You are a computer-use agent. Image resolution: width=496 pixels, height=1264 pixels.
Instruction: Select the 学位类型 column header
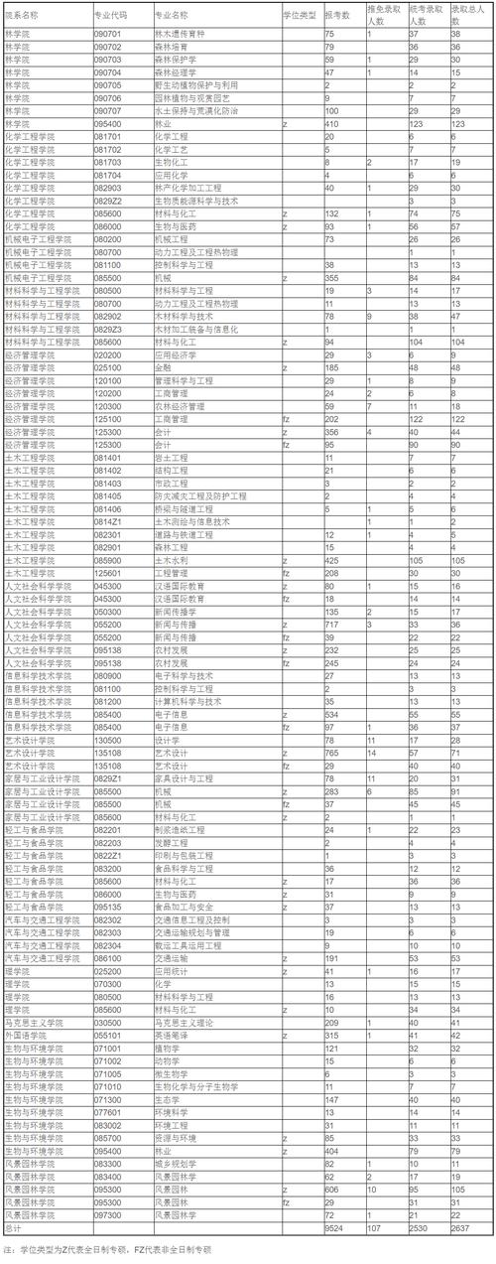[x=300, y=16]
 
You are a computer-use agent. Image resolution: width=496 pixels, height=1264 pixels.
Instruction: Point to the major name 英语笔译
[x=170, y=1036]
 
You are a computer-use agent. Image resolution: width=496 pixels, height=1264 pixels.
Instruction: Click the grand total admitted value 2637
[x=459, y=1228]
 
